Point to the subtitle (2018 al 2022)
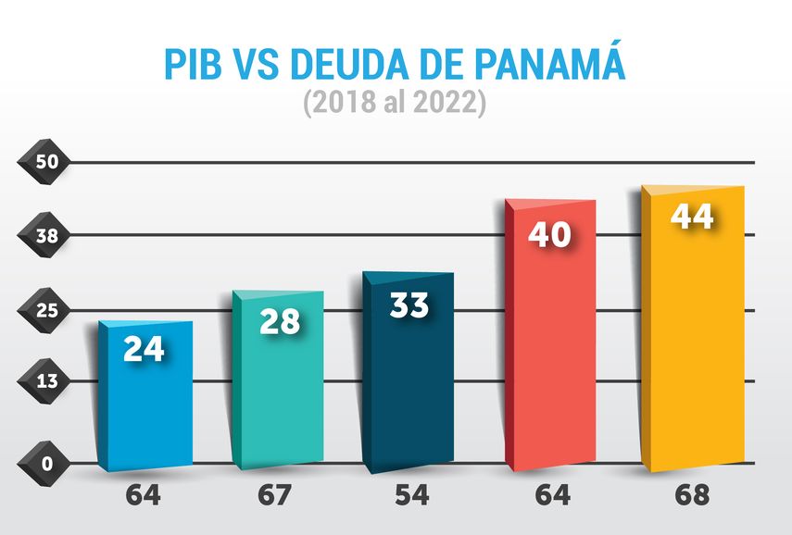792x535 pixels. pyautogui.click(x=395, y=103)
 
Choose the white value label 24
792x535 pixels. pyautogui.click(x=145, y=350)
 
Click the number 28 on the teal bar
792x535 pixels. pyautogui.click(x=279, y=321)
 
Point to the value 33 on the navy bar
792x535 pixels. pyautogui.click(x=409, y=305)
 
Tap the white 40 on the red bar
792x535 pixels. pyautogui.click(x=548, y=235)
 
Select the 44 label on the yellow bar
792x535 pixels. pyautogui.click(x=692, y=217)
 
